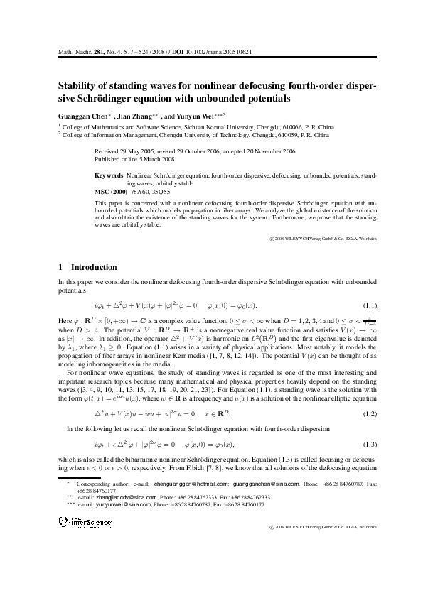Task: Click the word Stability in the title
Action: [77, 83]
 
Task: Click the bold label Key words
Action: [109, 175]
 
